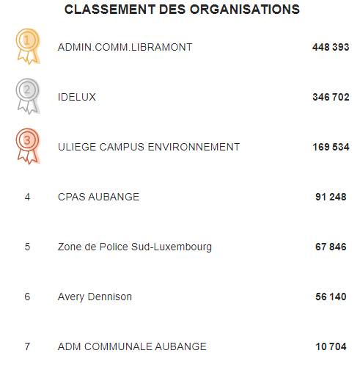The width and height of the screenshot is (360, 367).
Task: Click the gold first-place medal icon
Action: [x=28, y=46]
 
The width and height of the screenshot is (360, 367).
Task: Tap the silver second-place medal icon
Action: [x=28, y=96]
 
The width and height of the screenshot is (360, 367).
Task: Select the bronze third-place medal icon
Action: [x=28, y=146]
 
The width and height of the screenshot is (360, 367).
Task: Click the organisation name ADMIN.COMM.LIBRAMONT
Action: [x=125, y=47]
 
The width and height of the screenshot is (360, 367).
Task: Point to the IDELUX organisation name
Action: [x=77, y=97]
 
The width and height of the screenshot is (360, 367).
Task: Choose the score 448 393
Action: [x=331, y=47]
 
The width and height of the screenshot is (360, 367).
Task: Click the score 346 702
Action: [x=331, y=97]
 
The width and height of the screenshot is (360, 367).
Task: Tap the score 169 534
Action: [x=331, y=147]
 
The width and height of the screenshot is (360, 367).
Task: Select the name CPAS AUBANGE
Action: [x=98, y=197]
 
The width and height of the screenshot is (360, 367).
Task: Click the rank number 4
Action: [x=27, y=197]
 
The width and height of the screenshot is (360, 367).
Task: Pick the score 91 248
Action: [x=331, y=197]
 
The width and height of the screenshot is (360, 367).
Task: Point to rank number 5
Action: [x=27, y=247]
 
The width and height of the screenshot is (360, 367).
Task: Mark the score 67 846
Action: [x=331, y=247]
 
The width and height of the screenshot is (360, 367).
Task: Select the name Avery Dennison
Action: [x=95, y=297]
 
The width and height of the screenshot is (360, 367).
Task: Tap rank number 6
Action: [x=27, y=297]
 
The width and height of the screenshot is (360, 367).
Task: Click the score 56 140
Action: [x=331, y=297]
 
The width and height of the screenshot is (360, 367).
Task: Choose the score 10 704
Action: [x=331, y=346]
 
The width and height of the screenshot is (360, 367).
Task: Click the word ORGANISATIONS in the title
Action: [x=245, y=10]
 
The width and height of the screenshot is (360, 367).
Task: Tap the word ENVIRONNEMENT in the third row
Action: [x=194, y=147]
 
